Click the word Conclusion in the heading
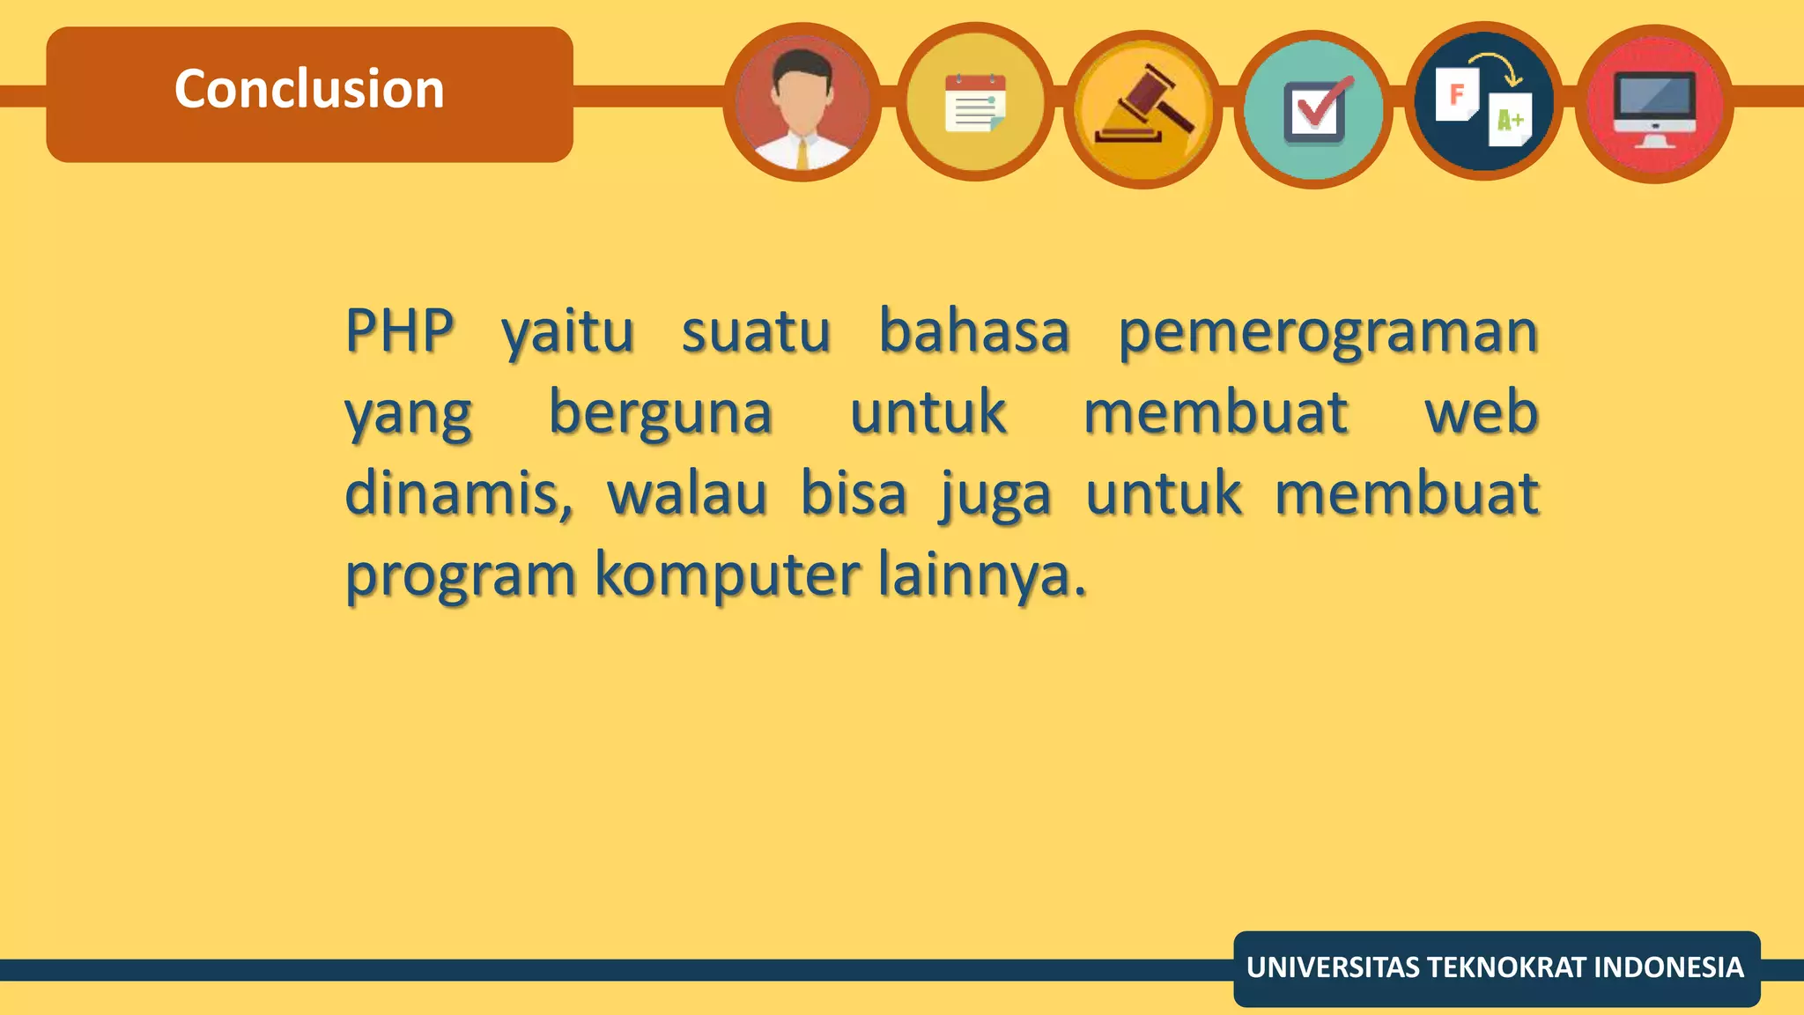[x=309, y=89]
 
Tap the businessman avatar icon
[x=802, y=102]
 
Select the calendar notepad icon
[x=974, y=102]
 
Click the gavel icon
[x=1143, y=108]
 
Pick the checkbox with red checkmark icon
[x=1313, y=109]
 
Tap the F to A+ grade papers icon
[x=1484, y=101]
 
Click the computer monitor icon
[x=1654, y=104]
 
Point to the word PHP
[x=399, y=331]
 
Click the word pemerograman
[x=1327, y=333]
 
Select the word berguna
[x=661, y=413]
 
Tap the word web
[x=1482, y=412]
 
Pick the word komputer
[x=727, y=574]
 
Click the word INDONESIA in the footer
[x=1668, y=967]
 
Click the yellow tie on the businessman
[x=802, y=155]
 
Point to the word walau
[x=687, y=493]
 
